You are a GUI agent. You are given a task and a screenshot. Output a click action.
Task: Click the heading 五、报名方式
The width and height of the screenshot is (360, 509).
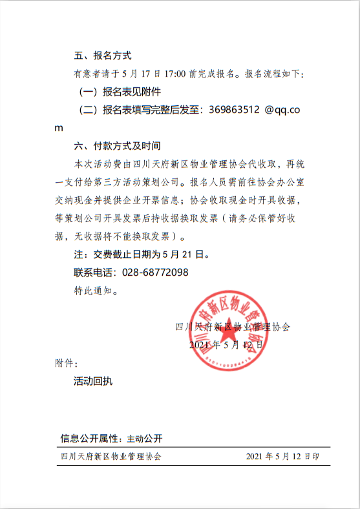pyautogui.click(x=103, y=56)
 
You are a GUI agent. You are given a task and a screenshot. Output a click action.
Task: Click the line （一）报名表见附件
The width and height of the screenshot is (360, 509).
pyautogui.click(x=119, y=92)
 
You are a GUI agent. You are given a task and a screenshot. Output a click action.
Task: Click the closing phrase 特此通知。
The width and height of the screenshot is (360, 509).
pyautogui.click(x=96, y=291)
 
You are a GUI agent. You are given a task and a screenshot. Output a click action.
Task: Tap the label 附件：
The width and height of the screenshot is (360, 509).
pyautogui.click(x=67, y=363)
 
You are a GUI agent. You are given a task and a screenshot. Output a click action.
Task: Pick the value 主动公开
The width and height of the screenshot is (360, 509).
pyautogui.click(x=144, y=439)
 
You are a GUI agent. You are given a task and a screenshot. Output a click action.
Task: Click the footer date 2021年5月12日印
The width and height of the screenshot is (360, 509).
pyautogui.click(x=283, y=456)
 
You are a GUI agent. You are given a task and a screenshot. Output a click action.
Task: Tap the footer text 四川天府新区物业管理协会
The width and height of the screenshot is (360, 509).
pyautogui.click(x=109, y=456)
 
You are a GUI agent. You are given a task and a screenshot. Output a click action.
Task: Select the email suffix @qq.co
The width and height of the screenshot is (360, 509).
pyautogui.click(x=282, y=110)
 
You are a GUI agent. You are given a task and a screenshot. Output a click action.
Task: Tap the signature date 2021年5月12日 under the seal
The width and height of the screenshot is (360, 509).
pyautogui.click(x=226, y=345)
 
